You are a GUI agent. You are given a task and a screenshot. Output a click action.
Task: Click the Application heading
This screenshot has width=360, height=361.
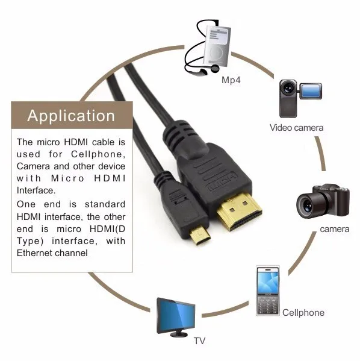[x=71, y=116]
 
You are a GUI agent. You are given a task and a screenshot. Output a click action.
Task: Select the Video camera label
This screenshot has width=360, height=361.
[x=296, y=128]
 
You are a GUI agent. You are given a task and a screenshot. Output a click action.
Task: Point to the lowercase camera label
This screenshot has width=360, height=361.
[x=335, y=229]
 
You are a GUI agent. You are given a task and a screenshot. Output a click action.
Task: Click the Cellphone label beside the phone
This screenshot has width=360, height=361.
[x=303, y=313]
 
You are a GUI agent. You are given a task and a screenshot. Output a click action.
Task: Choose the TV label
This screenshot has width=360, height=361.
[x=199, y=341]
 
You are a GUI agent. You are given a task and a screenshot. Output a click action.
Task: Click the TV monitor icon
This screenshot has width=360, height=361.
[x=176, y=315]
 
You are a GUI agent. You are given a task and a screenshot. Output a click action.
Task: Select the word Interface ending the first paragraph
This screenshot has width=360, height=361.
[x=37, y=190]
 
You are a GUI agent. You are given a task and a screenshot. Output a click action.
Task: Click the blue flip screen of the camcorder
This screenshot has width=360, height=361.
[x=310, y=91]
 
